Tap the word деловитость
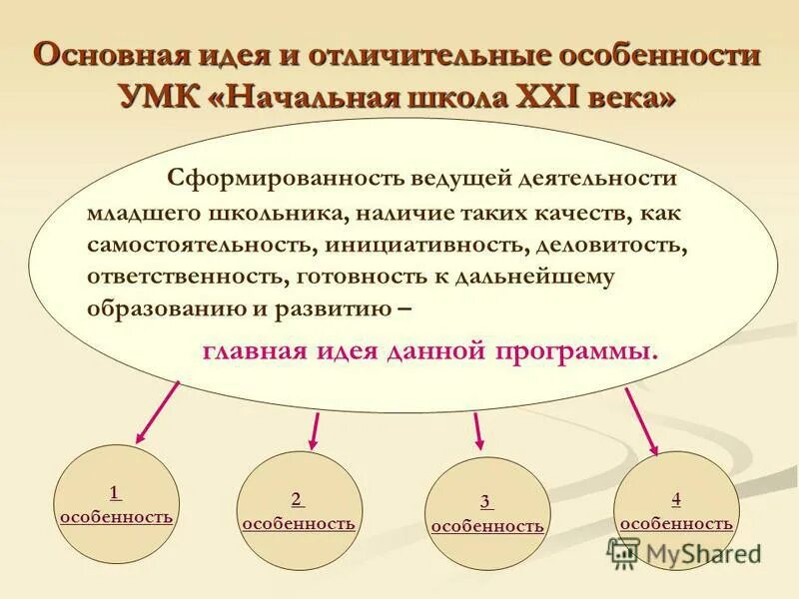pyautogui.click(x=610, y=246)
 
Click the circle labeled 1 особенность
pyautogui.click(x=116, y=505)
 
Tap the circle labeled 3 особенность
pyautogui.click(x=487, y=514)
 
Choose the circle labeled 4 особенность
pyautogui.click(x=676, y=510)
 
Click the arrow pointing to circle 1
pyautogui.click(x=157, y=411)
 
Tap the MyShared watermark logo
pyautogui.click(x=685, y=553)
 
